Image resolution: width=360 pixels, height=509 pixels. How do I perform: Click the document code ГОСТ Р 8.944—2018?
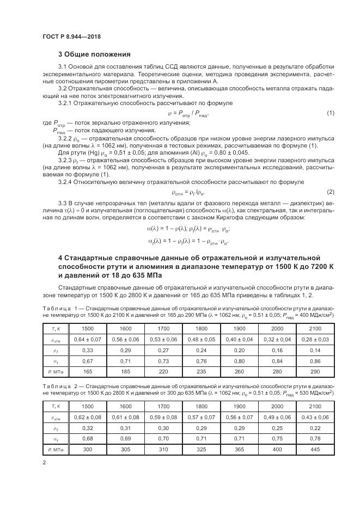tap(71, 36)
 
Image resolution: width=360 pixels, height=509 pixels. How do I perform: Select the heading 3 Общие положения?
tap(94, 54)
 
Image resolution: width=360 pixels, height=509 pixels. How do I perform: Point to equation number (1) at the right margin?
tap(330, 113)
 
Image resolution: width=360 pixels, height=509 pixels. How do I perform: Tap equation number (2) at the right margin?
tap(330, 192)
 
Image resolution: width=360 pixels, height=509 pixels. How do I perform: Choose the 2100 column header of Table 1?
tap(316, 328)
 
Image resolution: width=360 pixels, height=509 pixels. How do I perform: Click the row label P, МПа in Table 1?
tap(54, 371)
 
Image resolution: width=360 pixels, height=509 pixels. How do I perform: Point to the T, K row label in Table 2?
tap(54, 406)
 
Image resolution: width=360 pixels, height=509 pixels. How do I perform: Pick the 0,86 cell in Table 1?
tap(316, 360)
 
